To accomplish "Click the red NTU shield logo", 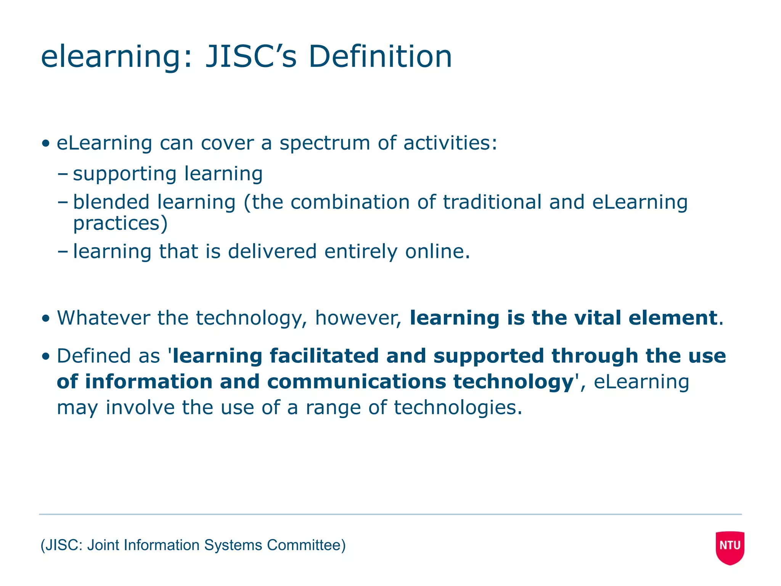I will point(730,547).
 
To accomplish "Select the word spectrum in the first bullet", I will point(325,143).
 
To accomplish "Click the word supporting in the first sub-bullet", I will point(124,174).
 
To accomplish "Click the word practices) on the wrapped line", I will point(120,224).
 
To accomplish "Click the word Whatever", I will point(103,318).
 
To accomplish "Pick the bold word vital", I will point(598,318).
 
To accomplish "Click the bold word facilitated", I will point(324,356).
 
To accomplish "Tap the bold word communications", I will point(356,382).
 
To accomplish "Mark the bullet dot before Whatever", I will point(46,319).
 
